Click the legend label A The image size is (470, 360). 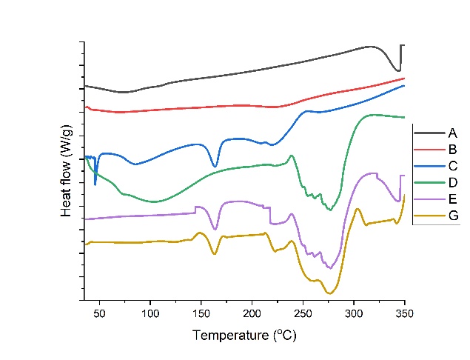pos(452,133)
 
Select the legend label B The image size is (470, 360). pos(452,150)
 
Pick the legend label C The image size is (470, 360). pos(452,166)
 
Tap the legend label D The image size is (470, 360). pos(452,182)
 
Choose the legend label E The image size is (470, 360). pos(452,199)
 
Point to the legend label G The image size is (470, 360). pos(452,215)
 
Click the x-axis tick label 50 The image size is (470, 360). pos(100,314)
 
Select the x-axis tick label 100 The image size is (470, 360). pos(150,314)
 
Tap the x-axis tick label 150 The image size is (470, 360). pos(201,314)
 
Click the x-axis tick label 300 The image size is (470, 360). pos(353,314)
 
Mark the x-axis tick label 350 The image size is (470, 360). pos(404,314)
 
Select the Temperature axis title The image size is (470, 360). pos(245,336)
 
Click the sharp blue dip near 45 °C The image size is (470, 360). pos(95,184)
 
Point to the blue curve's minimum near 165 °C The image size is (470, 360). pos(215,167)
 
